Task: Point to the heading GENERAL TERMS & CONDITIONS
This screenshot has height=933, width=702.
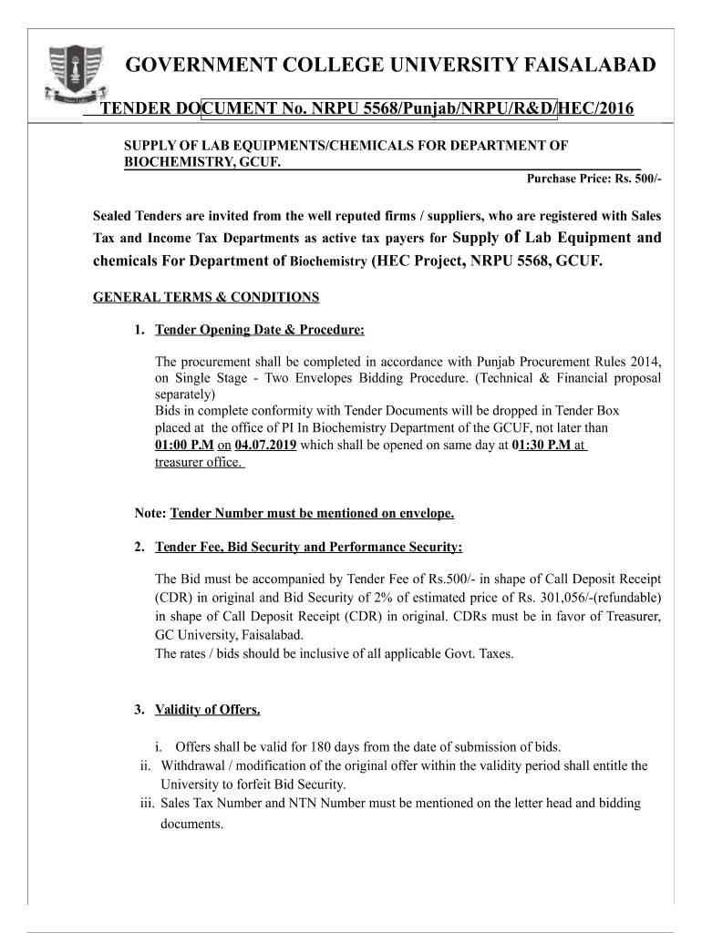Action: (206, 297)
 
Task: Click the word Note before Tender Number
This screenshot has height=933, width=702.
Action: (150, 514)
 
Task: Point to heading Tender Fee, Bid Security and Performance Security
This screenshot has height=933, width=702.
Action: (308, 547)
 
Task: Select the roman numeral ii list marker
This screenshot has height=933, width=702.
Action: (144, 765)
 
